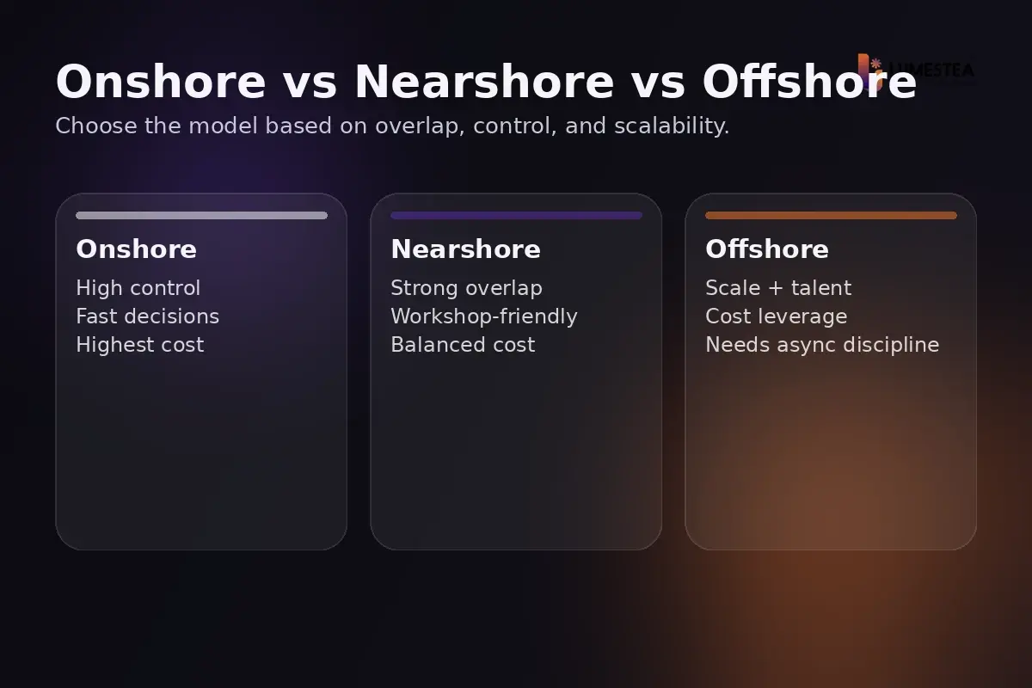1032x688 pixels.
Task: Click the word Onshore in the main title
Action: pos(161,83)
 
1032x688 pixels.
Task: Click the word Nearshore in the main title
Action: pos(484,83)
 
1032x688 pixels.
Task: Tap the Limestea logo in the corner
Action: pos(917,70)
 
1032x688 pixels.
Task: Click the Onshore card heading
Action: pos(136,249)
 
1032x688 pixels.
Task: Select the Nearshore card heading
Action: pos(465,249)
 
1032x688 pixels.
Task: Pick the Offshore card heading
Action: pos(766,249)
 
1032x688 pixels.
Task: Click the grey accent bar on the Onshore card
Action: pos(201,216)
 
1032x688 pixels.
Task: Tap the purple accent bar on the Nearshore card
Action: pos(516,216)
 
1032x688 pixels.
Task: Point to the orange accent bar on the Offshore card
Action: pos(831,216)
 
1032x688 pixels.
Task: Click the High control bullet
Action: pos(138,288)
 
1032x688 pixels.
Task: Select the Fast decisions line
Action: pos(147,316)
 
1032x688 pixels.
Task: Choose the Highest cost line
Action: pos(139,345)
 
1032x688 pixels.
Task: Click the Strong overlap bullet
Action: pos(466,288)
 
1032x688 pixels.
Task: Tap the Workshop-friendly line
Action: pos(483,316)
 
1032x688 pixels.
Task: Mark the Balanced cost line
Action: pos(463,345)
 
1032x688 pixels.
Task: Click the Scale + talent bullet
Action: pos(777,288)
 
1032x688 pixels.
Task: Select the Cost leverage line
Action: pos(776,316)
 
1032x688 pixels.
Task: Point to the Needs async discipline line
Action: pos(822,345)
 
